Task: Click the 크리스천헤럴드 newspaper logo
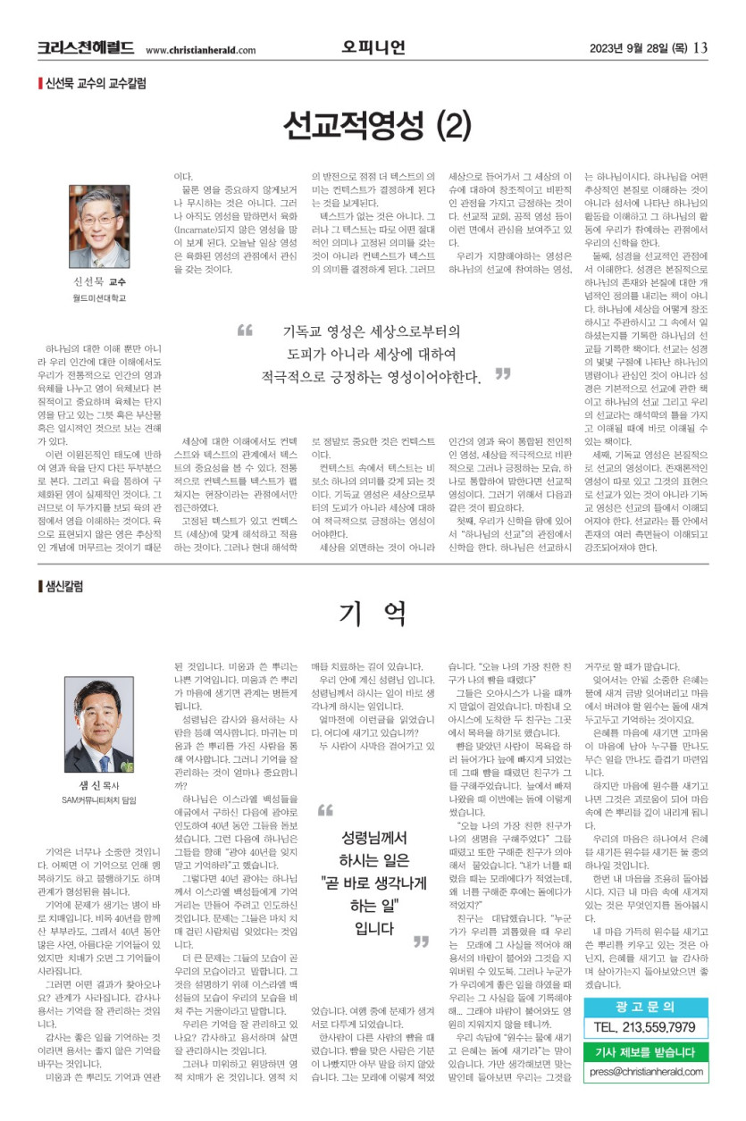point(86,49)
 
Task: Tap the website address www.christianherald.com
point(200,51)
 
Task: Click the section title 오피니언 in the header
point(373,47)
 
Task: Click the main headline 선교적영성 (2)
point(375,126)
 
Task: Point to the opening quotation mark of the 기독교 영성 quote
point(244,330)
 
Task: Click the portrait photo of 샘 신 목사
point(99,725)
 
